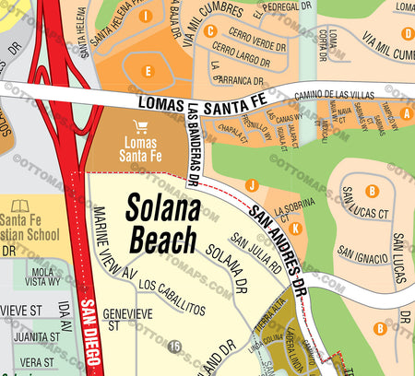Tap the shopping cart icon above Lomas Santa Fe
coord(140,127)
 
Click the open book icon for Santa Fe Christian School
coord(20,206)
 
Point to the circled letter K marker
coord(295,228)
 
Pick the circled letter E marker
coord(147,71)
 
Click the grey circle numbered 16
coord(174,346)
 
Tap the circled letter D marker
coord(407,34)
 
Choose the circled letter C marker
coord(210,30)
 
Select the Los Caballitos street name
coord(171,298)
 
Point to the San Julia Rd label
coord(255,253)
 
